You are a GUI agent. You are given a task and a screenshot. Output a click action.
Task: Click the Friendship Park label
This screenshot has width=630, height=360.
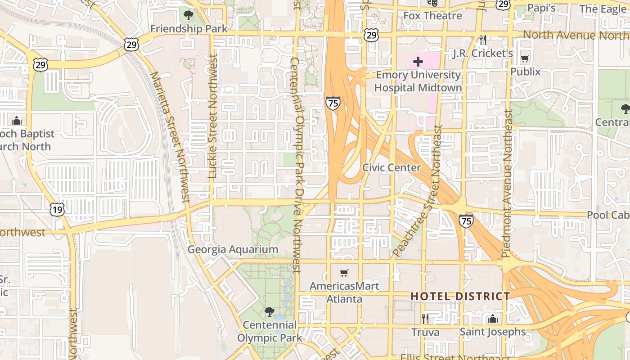[189, 29]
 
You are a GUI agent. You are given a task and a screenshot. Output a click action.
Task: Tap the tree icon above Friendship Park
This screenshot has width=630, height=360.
[189, 15]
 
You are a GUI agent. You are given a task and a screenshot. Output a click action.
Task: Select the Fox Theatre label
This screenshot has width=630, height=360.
[432, 16]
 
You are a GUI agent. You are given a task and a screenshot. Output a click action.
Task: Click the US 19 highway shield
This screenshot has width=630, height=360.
[58, 209]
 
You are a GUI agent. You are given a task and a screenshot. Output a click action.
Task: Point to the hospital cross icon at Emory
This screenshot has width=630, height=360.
[418, 61]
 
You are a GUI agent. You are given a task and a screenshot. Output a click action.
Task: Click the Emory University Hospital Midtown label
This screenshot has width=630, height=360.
[418, 81]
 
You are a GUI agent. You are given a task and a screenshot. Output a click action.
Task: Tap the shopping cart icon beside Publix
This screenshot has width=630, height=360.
[525, 58]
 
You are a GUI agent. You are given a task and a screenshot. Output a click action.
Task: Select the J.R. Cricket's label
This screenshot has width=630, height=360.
[483, 53]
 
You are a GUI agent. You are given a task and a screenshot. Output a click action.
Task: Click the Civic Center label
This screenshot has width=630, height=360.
[391, 167]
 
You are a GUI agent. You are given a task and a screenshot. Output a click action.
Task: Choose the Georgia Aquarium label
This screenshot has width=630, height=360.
[233, 249]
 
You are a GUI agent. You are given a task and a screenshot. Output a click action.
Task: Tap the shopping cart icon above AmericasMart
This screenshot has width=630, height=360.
[344, 273]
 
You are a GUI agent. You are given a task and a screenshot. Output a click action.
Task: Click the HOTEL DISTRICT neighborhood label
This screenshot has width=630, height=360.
[460, 296]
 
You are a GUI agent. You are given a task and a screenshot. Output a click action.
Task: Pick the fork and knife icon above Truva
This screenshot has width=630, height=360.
[425, 319]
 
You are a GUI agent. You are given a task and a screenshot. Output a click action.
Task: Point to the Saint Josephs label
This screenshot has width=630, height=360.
[492, 332]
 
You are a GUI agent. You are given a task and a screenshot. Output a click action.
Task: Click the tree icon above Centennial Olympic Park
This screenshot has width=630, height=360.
[269, 311]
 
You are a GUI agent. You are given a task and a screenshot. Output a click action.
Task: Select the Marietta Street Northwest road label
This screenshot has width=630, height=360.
[171, 137]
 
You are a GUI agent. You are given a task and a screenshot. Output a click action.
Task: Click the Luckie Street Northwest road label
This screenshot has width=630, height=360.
[213, 117]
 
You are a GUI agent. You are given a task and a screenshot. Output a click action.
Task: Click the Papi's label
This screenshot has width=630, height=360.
[541, 8]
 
